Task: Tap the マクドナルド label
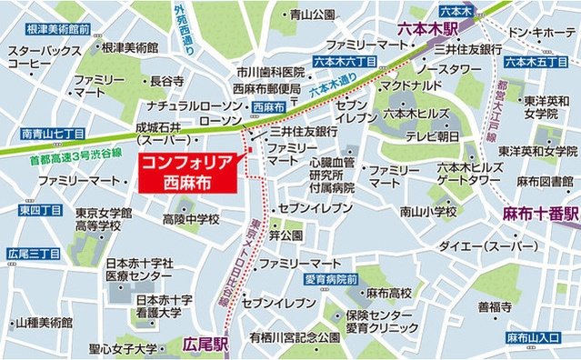[411, 85]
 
